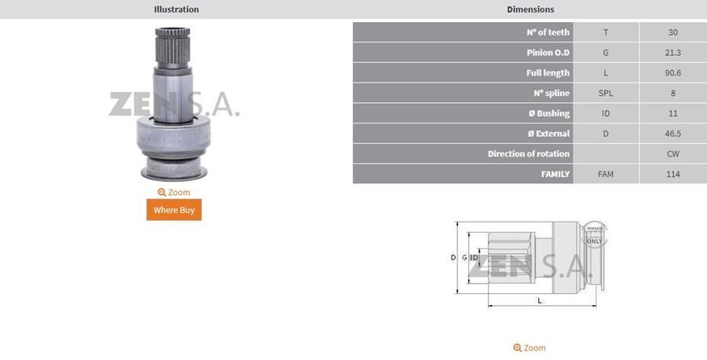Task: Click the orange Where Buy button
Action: click(174, 210)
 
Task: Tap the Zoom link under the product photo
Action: click(174, 193)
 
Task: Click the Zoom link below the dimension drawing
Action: click(529, 347)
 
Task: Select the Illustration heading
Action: click(176, 9)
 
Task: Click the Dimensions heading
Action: click(530, 9)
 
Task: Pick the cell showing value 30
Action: click(672, 32)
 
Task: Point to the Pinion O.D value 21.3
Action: click(672, 53)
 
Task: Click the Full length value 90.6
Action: click(672, 73)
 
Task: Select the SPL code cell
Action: click(606, 93)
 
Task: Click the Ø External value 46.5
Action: click(672, 134)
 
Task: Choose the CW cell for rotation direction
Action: click(672, 154)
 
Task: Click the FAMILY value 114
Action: click(672, 174)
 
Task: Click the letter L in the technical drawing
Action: click(539, 300)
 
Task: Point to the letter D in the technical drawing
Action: click(453, 258)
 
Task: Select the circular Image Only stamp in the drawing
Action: click(594, 233)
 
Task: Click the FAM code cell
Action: click(606, 174)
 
